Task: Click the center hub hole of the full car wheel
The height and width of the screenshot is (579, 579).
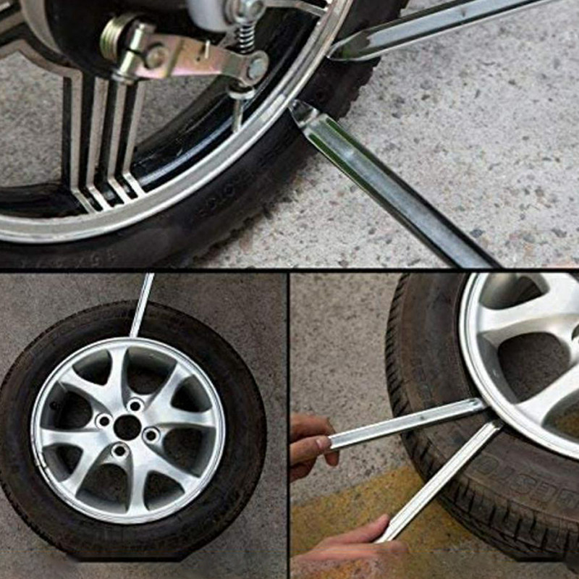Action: [127, 427]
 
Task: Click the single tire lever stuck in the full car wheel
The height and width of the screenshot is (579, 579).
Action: [142, 304]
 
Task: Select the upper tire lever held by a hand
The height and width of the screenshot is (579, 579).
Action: [405, 423]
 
